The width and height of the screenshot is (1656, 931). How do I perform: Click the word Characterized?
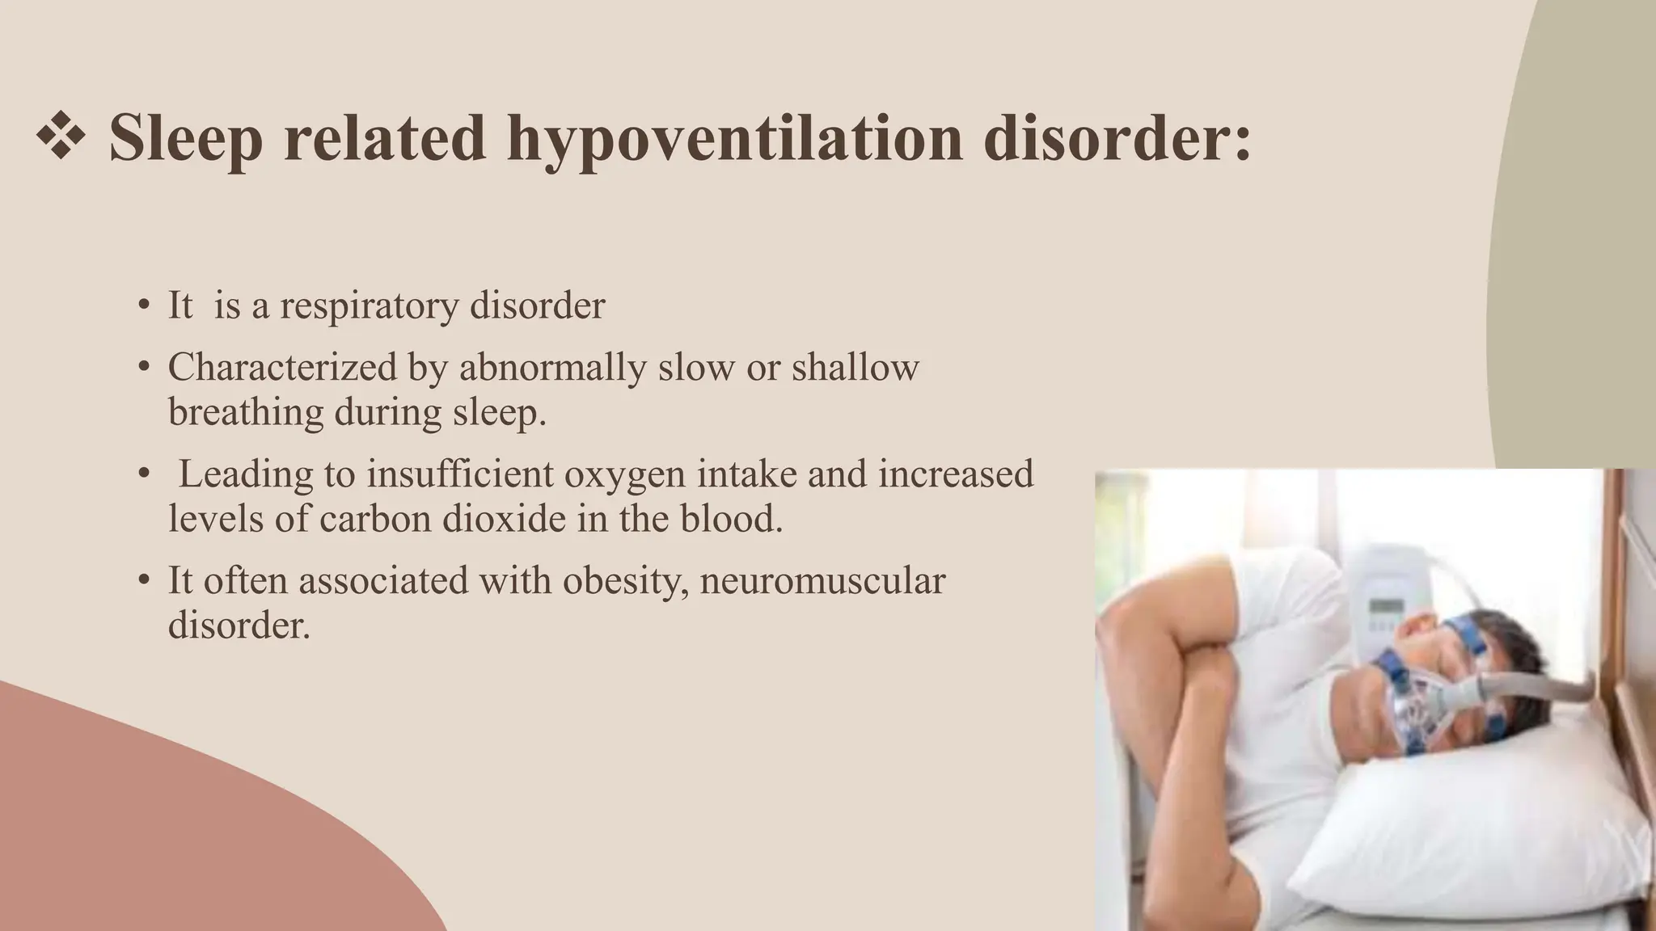(282, 368)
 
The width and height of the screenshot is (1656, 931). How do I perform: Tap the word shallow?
(855, 368)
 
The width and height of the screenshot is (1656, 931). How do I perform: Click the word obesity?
(625, 582)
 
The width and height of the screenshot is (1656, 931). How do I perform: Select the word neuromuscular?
(822, 581)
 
